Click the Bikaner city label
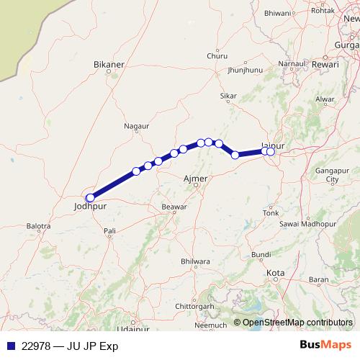point(109,64)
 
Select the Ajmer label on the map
point(196,178)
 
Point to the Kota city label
point(275,274)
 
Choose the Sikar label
point(228,96)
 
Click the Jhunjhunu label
point(245,71)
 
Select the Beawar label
point(174,207)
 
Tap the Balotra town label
point(38,226)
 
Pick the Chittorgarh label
point(195,306)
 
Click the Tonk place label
point(271,213)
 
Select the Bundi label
point(261,255)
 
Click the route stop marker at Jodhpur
point(90,198)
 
